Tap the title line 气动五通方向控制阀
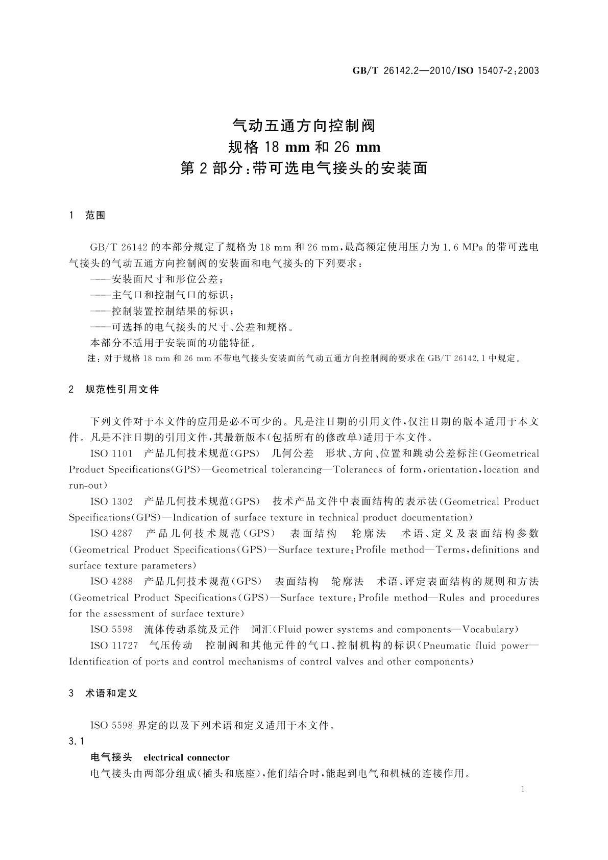pyautogui.click(x=304, y=125)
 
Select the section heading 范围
pyautogui.click(x=95, y=216)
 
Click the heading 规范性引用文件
pyautogui.click(x=122, y=390)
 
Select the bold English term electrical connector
pyautogui.click(x=186, y=757)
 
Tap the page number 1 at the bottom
pyautogui.click(x=523, y=790)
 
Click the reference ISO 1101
pyautogui.click(x=111, y=453)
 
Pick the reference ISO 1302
pyautogui.click(x=111, y=501)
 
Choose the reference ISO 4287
pyautogui.click(x=111, y=534)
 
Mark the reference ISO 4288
pyautogui.click(x=111, y=581)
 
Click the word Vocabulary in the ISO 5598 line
pyautogui.click(x=490, y=629)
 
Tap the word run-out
pyautogui.click(x=88, y=486)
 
